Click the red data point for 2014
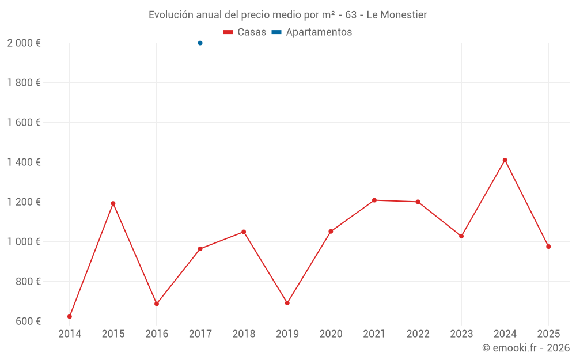[x=70, y=316]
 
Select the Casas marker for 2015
[x=113, y=203]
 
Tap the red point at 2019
[x=287, y=303]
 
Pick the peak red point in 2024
[x=505, y=160]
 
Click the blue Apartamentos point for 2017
[x=200, y=43]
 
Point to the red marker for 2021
[x=374, y=200]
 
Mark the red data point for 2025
[x=548, y=247]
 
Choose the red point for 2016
[x=157, y=304]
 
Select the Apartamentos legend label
[x=319, y=32]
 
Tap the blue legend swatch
[x=276, y=32]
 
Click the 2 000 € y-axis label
[x=24, y=43]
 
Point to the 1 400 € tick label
[x=24, y=162]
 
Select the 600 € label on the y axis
[x=27, y=321]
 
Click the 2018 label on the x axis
[x=244, y=334]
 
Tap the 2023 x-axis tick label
[x=461, y=334]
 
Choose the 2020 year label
[x=331, y=334]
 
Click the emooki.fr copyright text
[x=525, y=348]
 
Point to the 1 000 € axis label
[x=24, y=241]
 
